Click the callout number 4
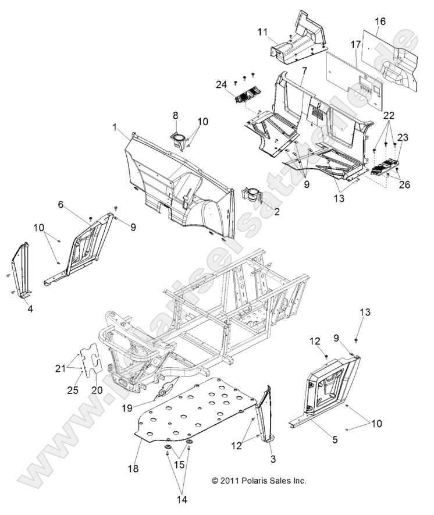[30, 308]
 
